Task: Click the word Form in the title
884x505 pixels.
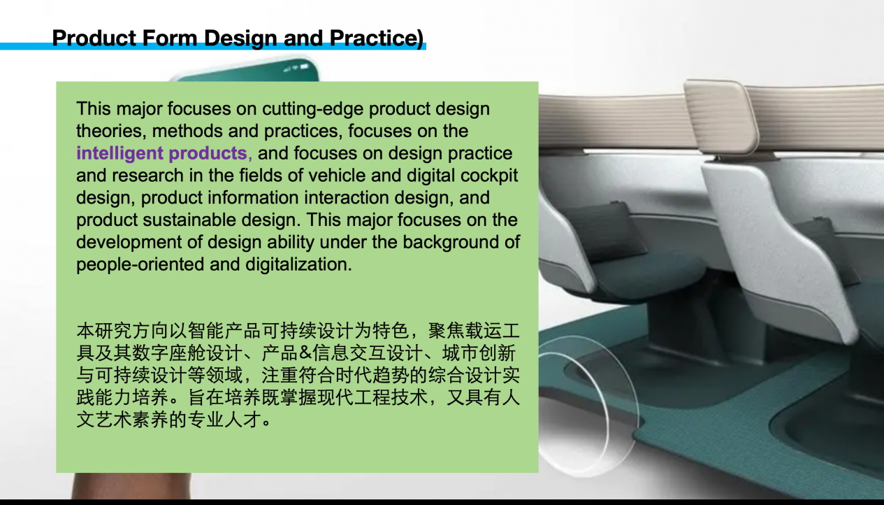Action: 170,38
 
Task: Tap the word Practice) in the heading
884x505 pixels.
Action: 377,38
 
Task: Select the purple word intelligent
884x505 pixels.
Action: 119,154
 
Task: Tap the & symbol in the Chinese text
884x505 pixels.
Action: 305,353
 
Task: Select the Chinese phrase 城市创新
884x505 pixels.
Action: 479,353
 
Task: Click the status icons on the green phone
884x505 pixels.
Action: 296,68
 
